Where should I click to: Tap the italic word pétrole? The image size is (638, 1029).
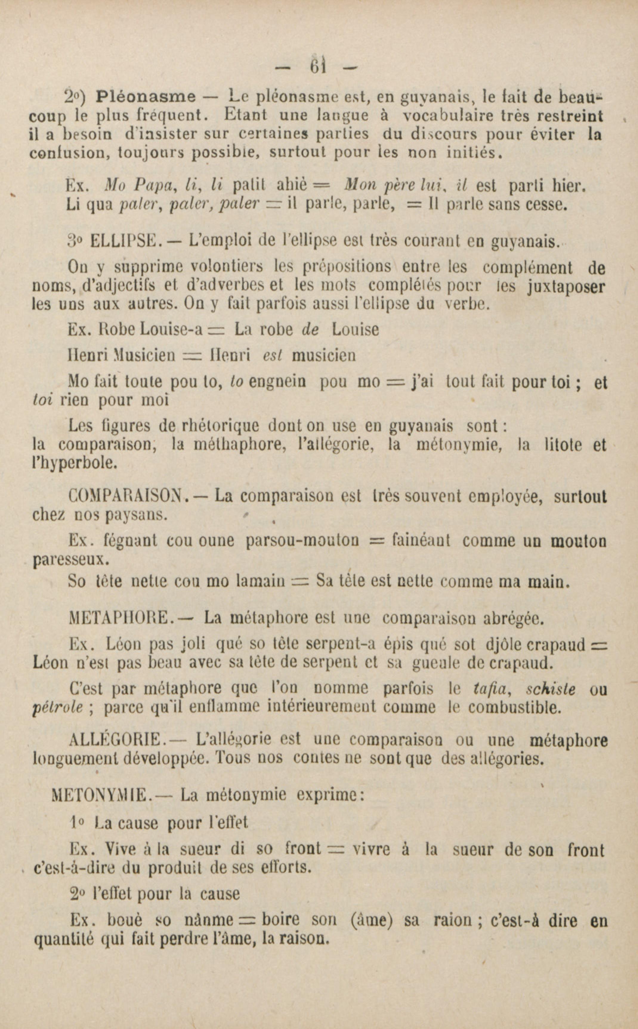(57, 707)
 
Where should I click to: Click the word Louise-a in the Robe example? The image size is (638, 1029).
(172, 330)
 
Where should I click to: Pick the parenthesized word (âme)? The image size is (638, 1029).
(369, 920)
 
